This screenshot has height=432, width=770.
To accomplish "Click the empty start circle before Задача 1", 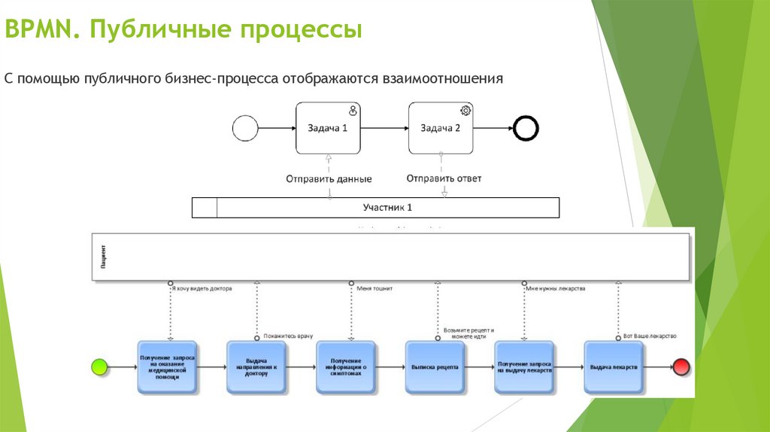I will (x=245, y=129).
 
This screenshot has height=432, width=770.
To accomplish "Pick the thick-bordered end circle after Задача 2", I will (x=526, y=129).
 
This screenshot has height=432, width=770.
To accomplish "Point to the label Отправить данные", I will (x=329, y=179).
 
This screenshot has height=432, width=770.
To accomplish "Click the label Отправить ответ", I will (x=444, y=178).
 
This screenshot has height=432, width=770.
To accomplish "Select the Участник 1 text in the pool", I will (x=387, y=207).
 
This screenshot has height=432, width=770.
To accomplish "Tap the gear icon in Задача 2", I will (x=465, y=111).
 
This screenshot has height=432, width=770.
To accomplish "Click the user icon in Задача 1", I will (x=353, y=111).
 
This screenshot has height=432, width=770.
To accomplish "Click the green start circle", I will (x=99, y=367).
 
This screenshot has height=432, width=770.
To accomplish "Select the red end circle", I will (x=681, y=367).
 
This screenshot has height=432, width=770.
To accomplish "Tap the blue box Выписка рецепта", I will (x=435, y=367).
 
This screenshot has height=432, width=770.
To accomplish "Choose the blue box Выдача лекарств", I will (x=614, y=367).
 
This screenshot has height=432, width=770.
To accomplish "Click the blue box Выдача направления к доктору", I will (x=256, y=367).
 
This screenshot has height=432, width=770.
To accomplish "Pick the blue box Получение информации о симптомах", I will (x=346, y=367).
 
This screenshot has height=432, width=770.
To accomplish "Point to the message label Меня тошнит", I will (x=374, y=287).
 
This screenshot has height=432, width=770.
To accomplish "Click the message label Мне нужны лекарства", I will (x=556, y=287).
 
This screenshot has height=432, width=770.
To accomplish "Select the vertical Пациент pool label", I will (x=102, y=257).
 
